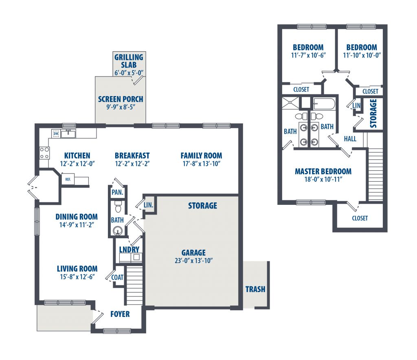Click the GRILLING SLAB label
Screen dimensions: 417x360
click(x=129, y=61)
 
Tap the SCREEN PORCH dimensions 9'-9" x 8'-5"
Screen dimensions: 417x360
click(x=121, y=107)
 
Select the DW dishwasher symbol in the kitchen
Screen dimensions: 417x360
click(x=56, y=134)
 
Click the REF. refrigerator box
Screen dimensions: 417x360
click(x=68, y=179)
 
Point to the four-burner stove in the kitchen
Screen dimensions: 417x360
click(x=44, y=153)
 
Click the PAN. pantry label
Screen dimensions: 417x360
click(x=117, y=192)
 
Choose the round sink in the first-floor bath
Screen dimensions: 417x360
click(x=117, y=230)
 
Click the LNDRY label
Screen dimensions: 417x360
click(x=129, y=250)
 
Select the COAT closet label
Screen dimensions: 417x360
click(x=117, y=277)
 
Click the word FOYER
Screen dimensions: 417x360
click(x=120, y=314)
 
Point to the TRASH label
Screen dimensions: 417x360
click(x=255, y=289)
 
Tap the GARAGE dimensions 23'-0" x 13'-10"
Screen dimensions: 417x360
click(x=193, y=261)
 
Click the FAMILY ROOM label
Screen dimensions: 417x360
click(x=201, y=156)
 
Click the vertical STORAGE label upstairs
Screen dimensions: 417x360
click(x=373, y=113)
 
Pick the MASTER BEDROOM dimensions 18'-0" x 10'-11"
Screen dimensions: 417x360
click(x=323, y=179)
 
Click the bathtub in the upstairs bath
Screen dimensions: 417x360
click(x=324, y=103)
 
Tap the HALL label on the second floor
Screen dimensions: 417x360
click(x=350, y=138)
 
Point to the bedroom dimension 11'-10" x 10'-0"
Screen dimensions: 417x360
click(x=362, y=55)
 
